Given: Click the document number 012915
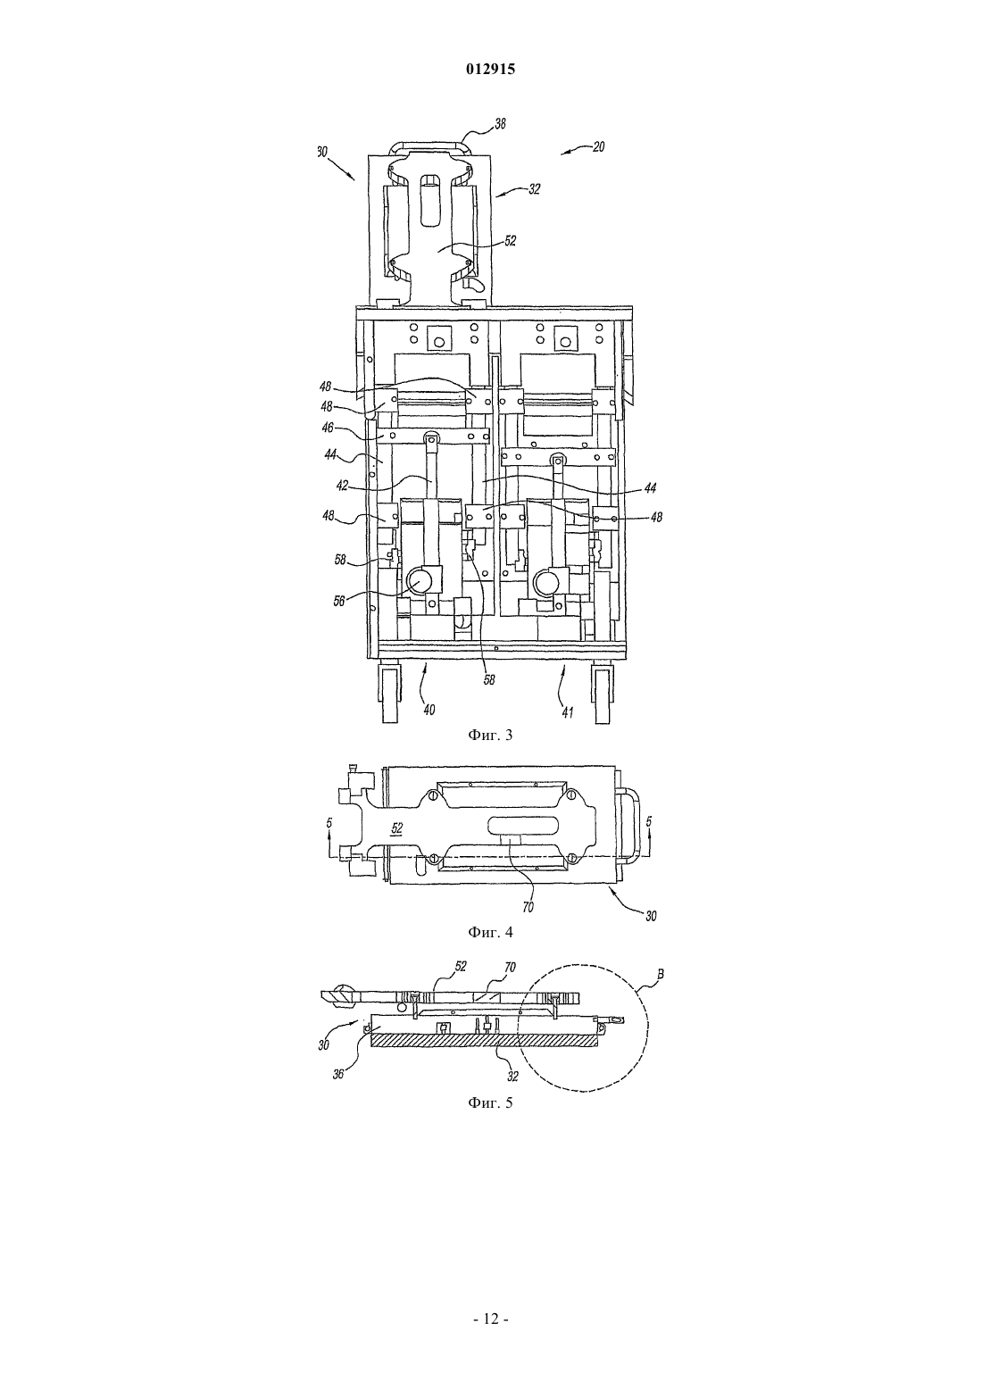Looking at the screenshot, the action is (x=490, y=70).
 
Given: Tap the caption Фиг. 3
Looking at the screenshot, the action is (x=490, y=736).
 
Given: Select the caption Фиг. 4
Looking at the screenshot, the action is (x=490, y=932).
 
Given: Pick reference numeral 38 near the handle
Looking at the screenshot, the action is (x=499, y=124).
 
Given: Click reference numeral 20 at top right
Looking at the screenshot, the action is (x=598, y=147).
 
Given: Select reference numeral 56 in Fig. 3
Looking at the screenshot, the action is (x=339, y=601).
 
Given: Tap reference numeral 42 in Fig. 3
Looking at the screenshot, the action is (x=343, y=486).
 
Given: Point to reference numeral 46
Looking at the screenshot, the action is (x=328, y=428).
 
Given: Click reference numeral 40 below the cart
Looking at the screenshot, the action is (x=429, y=710).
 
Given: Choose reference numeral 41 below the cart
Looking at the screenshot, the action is (x=567, y=713).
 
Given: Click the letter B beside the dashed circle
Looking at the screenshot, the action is (x=661, y=975).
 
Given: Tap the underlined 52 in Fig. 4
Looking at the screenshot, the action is (x=397, y=828).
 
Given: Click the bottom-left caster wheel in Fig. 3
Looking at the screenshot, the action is (x=388, y=693).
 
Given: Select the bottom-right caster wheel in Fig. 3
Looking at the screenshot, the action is (x=603, y=693).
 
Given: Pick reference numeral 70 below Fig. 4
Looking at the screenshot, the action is (x=528, y=907).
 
